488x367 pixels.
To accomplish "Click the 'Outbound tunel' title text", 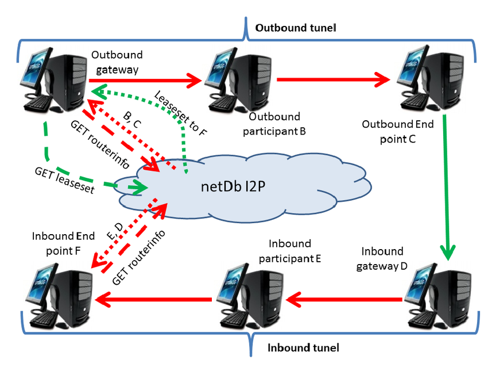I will (295, 28).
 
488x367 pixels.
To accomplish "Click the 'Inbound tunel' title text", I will (303, 347).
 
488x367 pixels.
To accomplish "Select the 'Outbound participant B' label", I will (278, 124).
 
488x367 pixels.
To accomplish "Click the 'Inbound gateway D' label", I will (384, 258).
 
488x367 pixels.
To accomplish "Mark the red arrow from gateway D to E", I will (344, 299).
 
